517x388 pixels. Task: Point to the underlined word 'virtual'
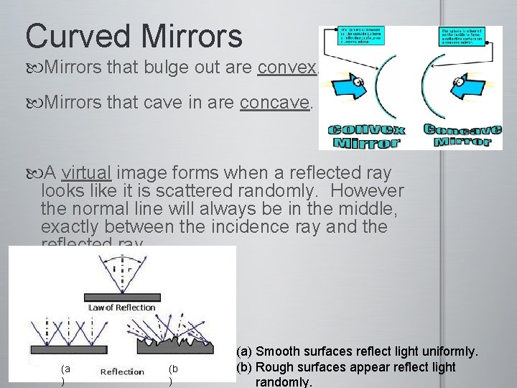(x=86, y=173)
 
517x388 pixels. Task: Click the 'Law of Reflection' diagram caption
(x=121, y=308)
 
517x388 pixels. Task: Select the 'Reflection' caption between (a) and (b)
(x=122, y=371)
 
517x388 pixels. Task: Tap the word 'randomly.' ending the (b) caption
(x=284, y=382)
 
